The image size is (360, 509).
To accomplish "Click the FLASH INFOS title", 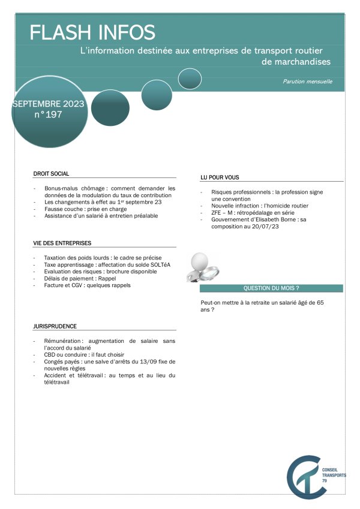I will point(92,32).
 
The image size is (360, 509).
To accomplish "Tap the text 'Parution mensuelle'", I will point(308,82).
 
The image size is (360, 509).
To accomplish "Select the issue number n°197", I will point(48,115).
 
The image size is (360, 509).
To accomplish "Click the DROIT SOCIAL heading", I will point(52,174).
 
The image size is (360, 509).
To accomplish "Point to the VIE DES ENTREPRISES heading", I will point(62,243).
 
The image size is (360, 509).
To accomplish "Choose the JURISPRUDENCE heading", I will point(55,326).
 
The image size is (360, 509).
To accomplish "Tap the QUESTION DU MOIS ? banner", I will point(271,288).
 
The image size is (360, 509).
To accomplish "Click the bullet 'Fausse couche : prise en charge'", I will point(86,209).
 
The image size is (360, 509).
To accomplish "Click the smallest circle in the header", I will point(190,79).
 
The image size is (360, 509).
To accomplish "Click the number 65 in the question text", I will point(320,303).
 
